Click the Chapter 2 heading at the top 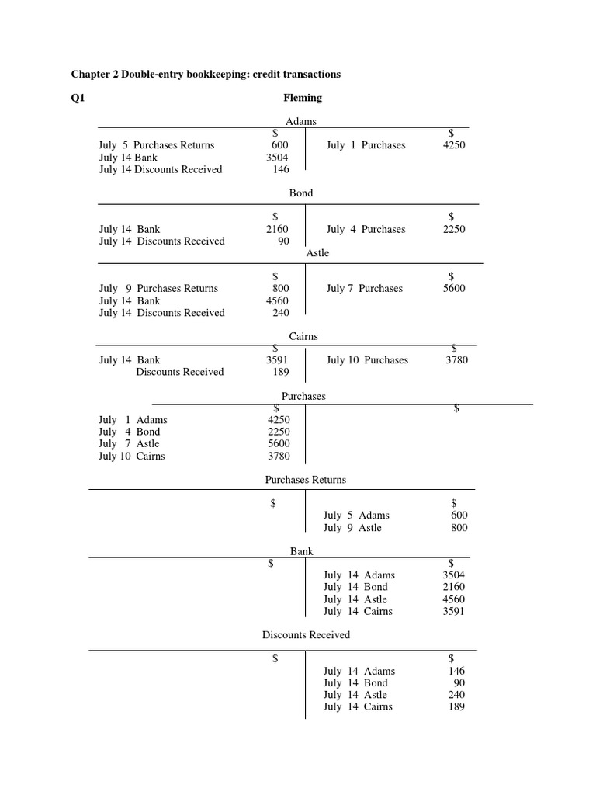[x=206, y=74]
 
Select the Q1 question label [x=78, y=98]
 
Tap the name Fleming [x=303, y=98]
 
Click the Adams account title [x=301, y=122]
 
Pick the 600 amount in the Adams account [x=279, y=145]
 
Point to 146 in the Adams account [x=280, y=169]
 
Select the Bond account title [x=301, y=193]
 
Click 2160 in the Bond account [x=277, y=229]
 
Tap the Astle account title [x=317, y=253]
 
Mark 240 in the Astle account [x=280, y=313]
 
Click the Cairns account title [x=303, y=336]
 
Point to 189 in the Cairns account [x=280, y=372]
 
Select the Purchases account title [x=303, y=396]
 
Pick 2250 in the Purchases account [x=279, y=432]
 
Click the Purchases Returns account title [x=305, y=480]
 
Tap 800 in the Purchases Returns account [x=459, y=528]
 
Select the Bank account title [x=302, y=551]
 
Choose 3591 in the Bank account [x=454, y=611]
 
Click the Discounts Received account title [x=306, y=635]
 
